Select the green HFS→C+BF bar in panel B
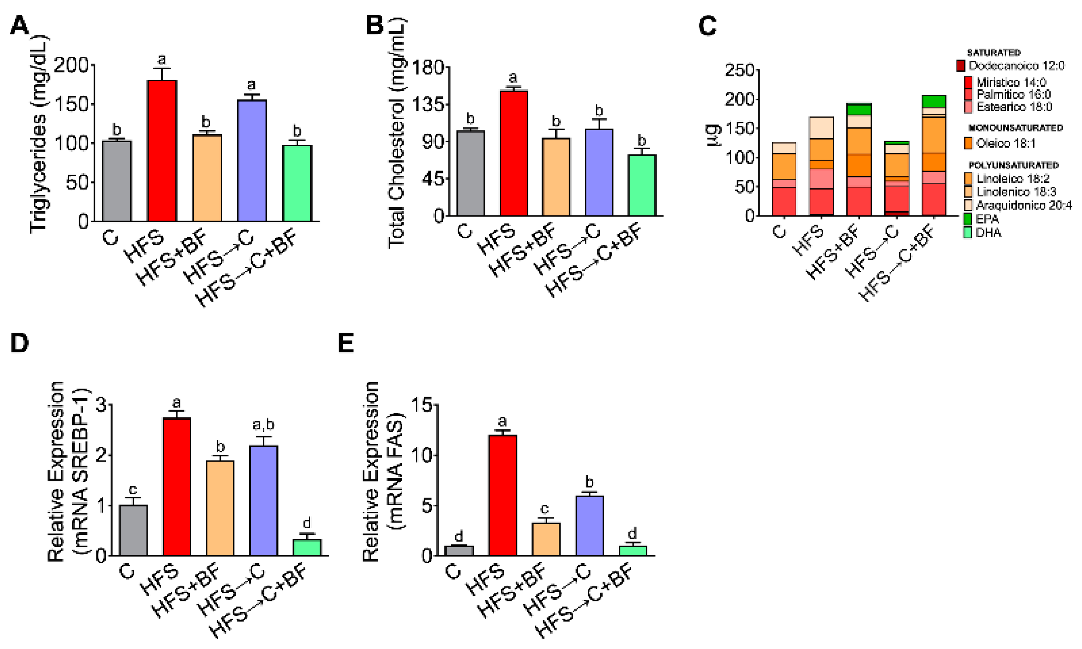[x=642, y=185]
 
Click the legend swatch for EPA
[x=968, y=219]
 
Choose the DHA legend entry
[x=988, y=233]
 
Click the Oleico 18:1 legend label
[x=1005, y=144]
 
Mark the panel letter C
[x=707, y=26]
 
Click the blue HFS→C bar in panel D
[x=264, y=500]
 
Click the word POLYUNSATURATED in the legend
[x=1013, y=165]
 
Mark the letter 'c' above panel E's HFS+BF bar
[x=544, y=509]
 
